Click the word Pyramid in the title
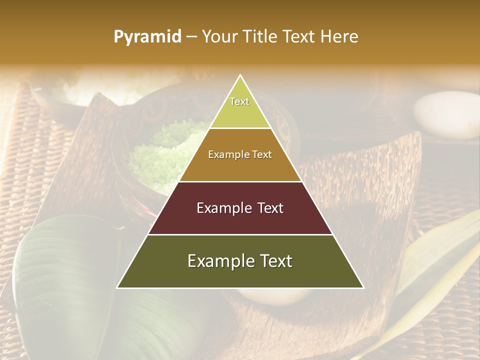tap(147, 37)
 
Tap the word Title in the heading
tap(261, 37)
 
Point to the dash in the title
tap(191, 37)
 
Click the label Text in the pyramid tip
tap(239, 101)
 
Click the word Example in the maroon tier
tap(219, 208)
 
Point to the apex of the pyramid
tap(240, 75)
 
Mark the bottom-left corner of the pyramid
tap(117, 287)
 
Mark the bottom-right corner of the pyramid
tap(363, 287)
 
